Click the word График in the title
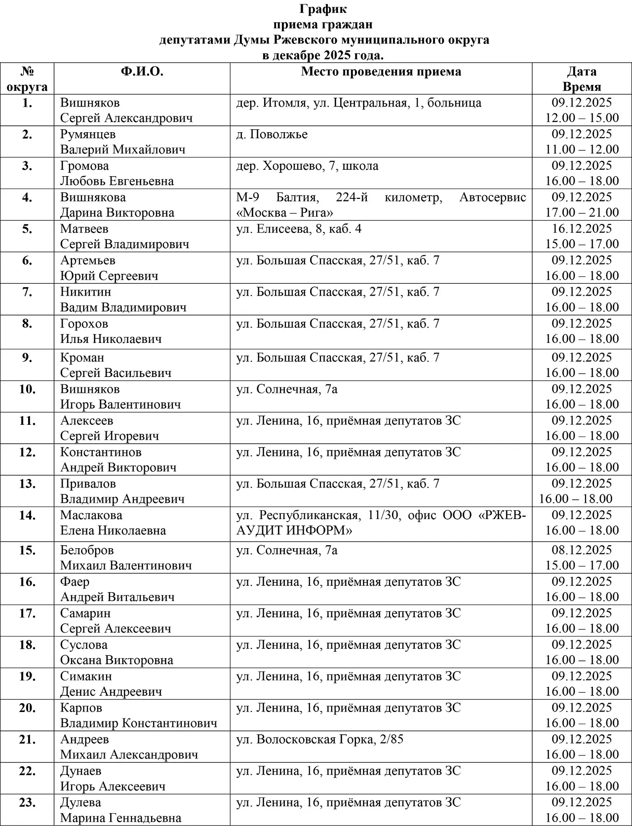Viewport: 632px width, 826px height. pos(323,9)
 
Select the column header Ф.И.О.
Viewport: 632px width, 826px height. pos(142,72)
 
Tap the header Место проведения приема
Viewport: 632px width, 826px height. pos(381,72)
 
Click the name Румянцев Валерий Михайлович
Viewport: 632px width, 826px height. pos(122,142)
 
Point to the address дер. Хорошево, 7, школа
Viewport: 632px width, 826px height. pos(307,166)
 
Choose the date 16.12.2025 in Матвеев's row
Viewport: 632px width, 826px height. pos(582,229)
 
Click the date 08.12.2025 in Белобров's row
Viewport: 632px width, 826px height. pos(582,550)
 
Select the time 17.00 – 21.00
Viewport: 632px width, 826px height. pos(582,213)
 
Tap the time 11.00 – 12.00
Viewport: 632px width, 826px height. pos(582,150)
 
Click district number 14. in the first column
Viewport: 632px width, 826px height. pos(27,516)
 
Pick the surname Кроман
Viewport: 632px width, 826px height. pos(82,358)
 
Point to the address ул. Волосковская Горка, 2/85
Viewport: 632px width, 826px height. pos(319,740)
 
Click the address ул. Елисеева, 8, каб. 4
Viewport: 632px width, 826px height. pos(299,229)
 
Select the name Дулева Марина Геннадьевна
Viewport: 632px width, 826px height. pos(120,810)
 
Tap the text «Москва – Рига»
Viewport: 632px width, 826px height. pos(284,213)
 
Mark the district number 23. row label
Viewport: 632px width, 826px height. pos(27,803)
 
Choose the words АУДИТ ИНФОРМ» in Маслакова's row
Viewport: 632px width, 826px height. pos(294,531)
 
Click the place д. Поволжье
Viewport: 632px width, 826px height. pos(272,134)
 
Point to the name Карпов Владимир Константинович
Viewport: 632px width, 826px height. pos(138,715)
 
